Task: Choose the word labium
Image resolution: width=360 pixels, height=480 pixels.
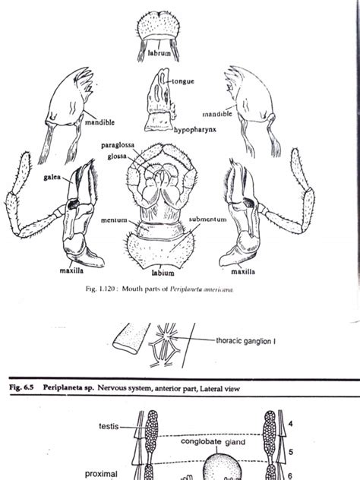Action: (x=162, y=272)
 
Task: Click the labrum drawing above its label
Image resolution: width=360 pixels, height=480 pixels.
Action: (x=159, y=27)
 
